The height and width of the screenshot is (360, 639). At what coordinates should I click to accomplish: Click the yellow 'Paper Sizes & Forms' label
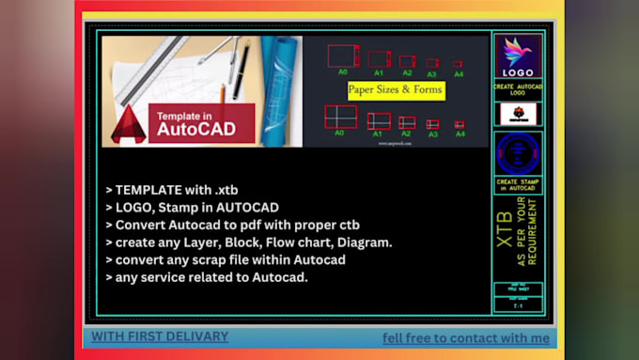pyautogui.click(x=395, y=90)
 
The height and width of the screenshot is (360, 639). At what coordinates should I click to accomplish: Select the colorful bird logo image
pyautogui.click(x=517, y=56)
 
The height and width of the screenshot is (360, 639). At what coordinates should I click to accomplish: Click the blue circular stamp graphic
pyautogui.click(x=517, y=153)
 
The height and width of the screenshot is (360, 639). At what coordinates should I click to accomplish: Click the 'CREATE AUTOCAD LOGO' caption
pyautogui.click(x=517, y=90)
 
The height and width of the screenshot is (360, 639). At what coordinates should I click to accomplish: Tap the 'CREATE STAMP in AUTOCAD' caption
pyautogui.click(x=517, y=183)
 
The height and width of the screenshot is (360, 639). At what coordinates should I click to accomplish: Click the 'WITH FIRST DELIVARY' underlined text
pyautogui.click(x=160, y=336)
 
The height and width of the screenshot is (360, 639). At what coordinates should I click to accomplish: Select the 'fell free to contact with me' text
pyautogui.click(x=464, y=337)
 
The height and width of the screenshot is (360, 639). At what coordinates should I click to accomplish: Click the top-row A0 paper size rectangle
pyautogui.click(x=342, y=55)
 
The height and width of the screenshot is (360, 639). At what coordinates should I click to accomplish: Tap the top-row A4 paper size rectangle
pyautogui.click(x=459, y=64)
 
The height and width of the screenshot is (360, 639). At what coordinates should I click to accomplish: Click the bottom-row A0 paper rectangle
pyautogui.click(x=340, y=117)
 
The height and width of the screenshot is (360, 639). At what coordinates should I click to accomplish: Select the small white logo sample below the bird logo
pyautogui.click(x=517, y=114)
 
